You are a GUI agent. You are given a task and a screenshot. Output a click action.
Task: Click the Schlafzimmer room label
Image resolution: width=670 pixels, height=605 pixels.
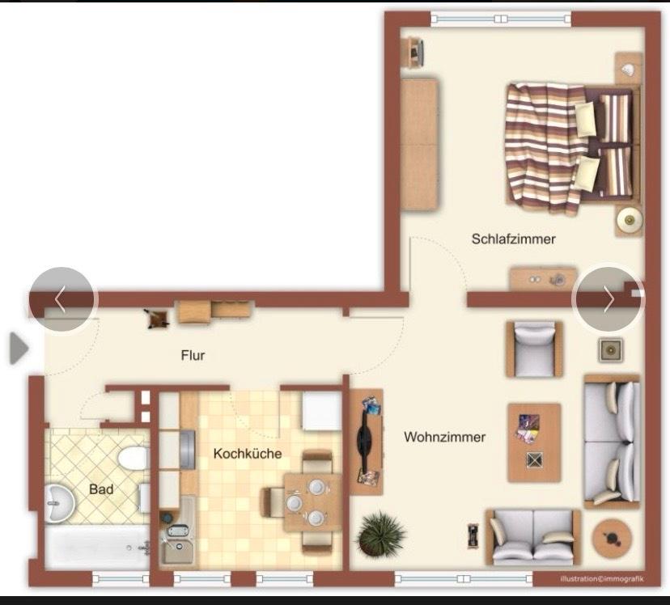(x=514, y=239)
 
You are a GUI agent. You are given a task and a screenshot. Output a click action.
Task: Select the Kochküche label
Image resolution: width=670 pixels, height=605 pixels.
(x=248, y=454)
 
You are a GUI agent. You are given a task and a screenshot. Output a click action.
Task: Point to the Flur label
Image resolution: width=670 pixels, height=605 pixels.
(x=193, y=355)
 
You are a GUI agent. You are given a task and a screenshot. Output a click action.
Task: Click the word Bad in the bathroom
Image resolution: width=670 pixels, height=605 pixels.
(x=101, y=489)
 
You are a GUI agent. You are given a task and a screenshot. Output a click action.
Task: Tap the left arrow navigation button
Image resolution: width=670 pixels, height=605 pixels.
(x=61, y=299)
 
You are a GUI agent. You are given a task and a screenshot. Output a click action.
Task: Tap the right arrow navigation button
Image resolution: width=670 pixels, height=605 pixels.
(x=608, y=299)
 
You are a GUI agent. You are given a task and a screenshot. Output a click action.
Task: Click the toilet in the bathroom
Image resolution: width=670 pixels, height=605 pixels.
(x=132, y=459)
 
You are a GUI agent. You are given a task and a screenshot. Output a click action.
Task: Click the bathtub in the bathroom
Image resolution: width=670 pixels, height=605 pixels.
(x=95, y=548)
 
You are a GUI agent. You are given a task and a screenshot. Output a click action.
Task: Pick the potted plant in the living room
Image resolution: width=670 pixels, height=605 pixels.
(x=379, y=534)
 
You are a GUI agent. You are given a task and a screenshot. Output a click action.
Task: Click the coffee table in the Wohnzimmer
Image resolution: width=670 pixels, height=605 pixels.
(x=534, y=442)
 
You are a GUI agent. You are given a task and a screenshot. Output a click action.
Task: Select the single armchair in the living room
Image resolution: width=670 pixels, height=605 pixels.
(x=534, y=349)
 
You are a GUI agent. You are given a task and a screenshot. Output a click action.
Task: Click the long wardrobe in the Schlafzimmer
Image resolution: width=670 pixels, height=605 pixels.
(x=419, y=144)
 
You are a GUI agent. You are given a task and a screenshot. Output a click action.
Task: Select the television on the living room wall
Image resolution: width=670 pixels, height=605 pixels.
(x=367, y=442)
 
